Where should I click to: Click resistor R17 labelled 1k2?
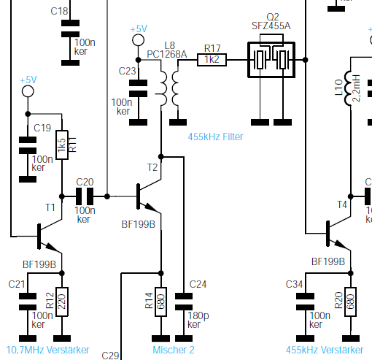[212, 60]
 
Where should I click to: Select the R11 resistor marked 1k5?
[62, 145]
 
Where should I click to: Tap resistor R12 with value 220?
[62, 302]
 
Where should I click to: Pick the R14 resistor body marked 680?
[160, 302]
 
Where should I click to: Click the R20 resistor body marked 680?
[350, 302]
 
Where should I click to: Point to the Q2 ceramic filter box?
[271, 60]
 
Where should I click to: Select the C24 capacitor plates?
[184, 302]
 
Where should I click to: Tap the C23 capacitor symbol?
[138, 88]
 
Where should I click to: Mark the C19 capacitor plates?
[28, 145]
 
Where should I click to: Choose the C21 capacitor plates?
[28, 302]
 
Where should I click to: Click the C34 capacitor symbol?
[305, 302]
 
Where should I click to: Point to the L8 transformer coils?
[167, 88]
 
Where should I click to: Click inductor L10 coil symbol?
[348, 88]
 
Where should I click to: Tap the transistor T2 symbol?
[149, 196]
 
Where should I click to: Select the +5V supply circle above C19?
[28, 91]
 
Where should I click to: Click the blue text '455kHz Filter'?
[215, 137]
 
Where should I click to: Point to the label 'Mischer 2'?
[174, 350]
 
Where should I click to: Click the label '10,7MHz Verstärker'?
[48, 350]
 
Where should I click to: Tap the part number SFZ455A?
[271, 26]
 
